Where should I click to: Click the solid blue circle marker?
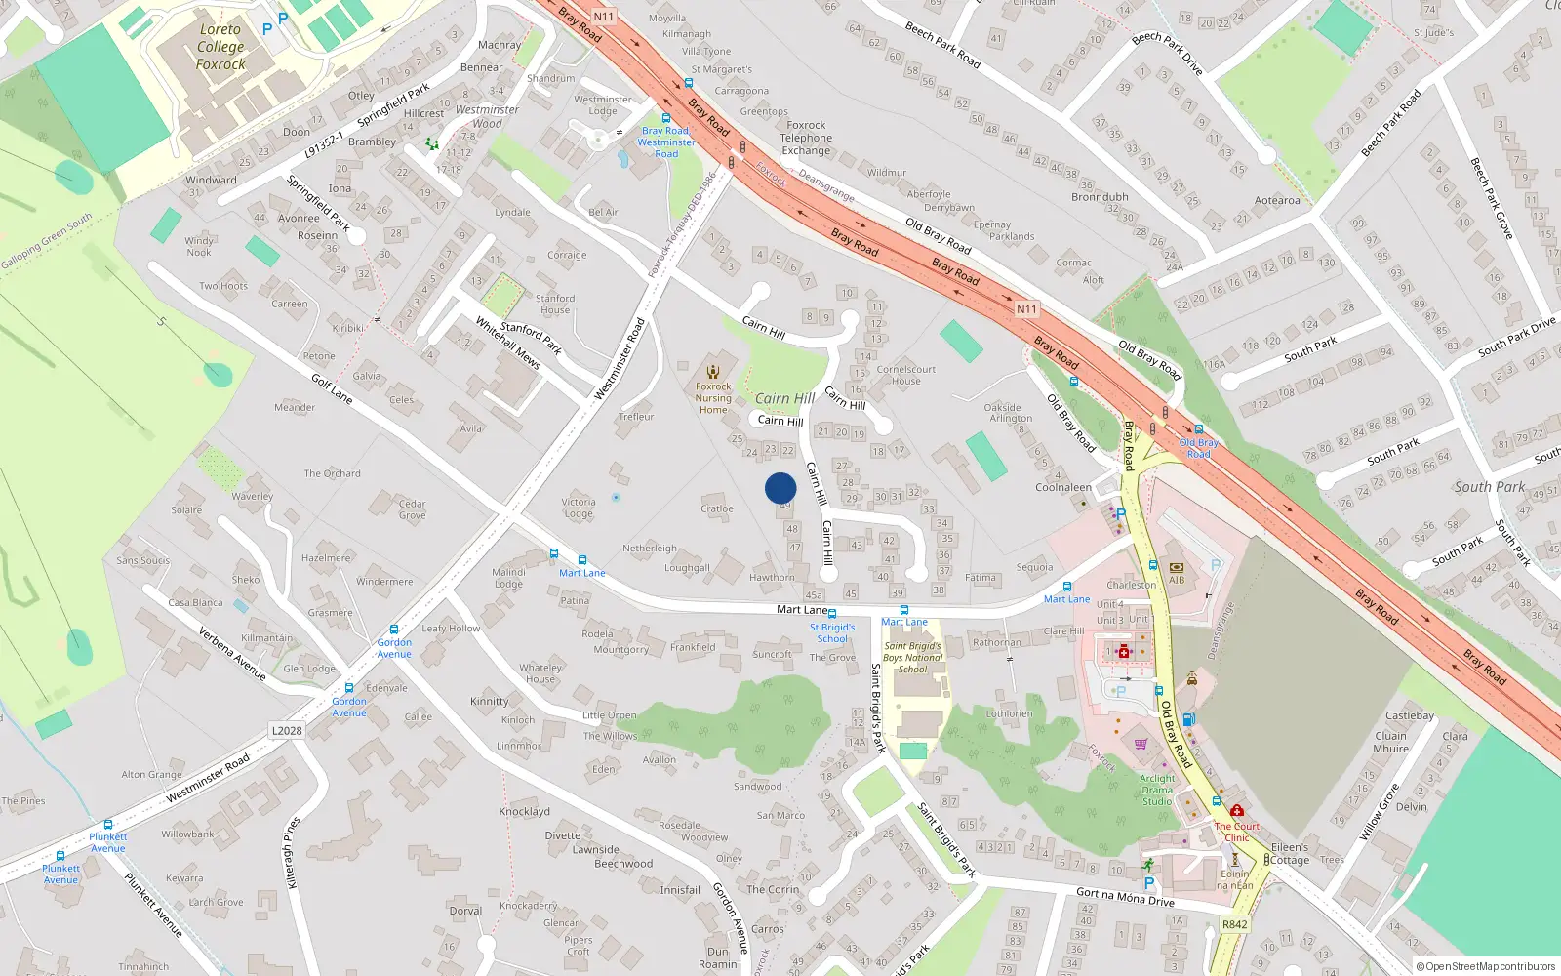(x=780, y=488)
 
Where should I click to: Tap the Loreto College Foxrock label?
(x=220, y=47)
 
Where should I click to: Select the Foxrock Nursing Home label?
(x=713, y=398)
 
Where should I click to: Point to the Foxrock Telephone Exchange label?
(x=806, y=138)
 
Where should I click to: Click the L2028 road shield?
(x=287, y=730)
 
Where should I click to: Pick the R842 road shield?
(x=1234, y=924)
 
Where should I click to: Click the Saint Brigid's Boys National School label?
(x=912, y=657)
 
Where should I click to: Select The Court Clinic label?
(x=1237, y=832)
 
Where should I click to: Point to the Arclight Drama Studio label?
(x=1157, y=790)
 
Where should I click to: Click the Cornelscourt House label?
(x=905, y=375)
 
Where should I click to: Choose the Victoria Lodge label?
(x=579, y=508)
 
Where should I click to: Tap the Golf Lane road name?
(x=332, y=388)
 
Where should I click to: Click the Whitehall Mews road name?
(x=507, y=342)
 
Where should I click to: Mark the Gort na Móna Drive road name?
(x=1125, y=897)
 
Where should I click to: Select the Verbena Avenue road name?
(x=232, y=653)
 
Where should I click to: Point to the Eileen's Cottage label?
(x=1290, y=854)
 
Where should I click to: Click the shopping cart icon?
(x=1141, y=744)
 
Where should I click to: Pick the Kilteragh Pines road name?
(x=292, y=852)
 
